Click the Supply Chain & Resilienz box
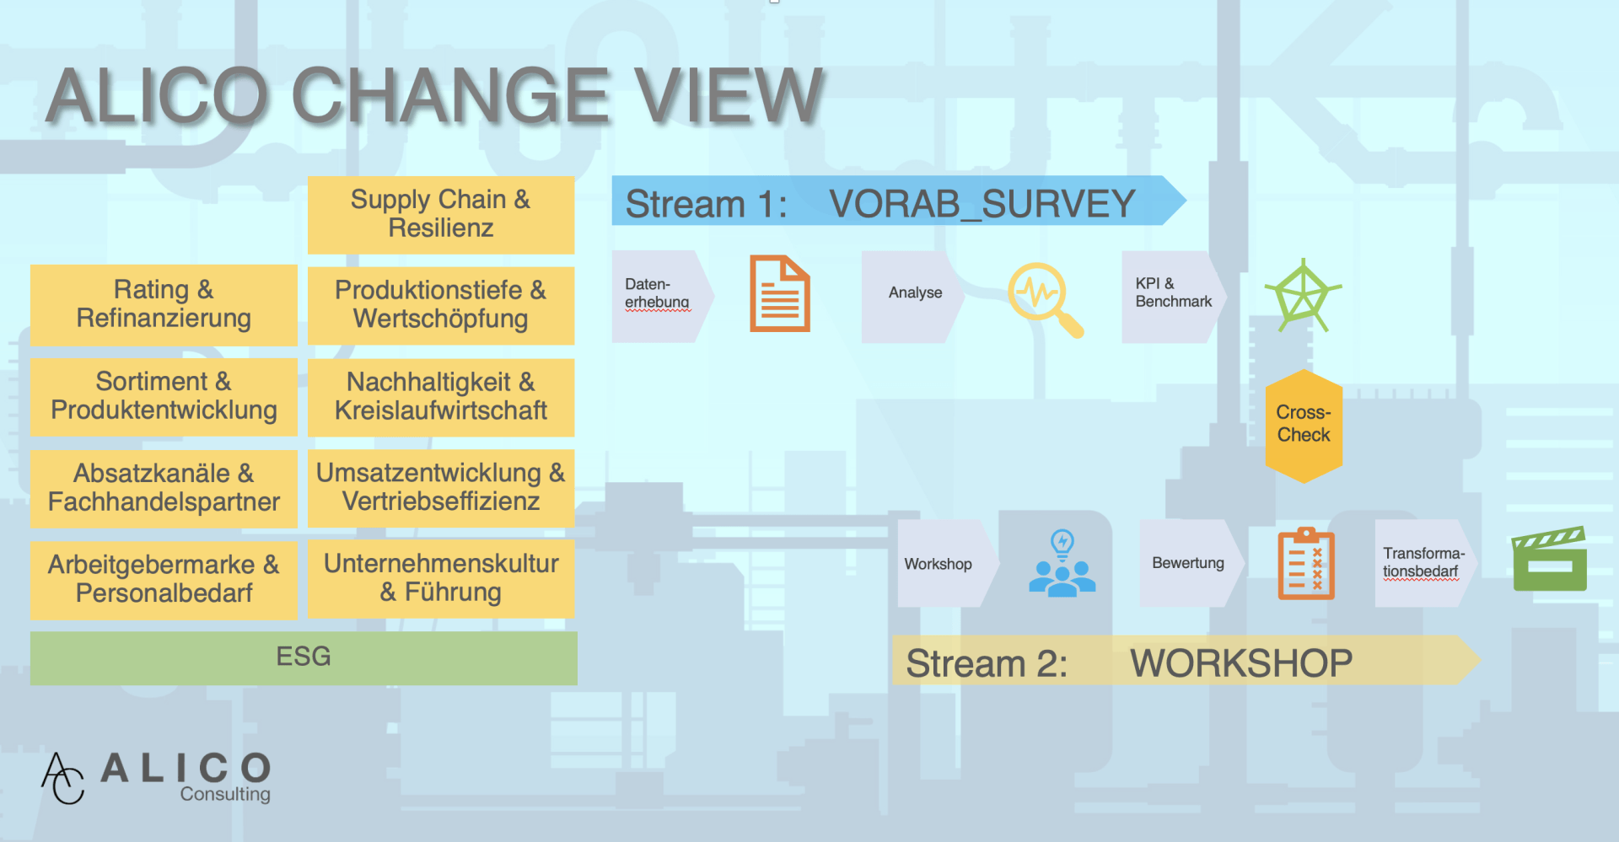[441, 215]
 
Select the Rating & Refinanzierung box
[164, 305]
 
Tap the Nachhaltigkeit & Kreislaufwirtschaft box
[441, 397]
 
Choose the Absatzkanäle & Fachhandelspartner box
[164, 489]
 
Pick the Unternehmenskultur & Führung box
[441, 579]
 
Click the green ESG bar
[304, 657]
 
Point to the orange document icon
[780, 293]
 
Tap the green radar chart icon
[1303, 296]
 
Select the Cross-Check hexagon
[1304, 426]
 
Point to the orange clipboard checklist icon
[1306, 563]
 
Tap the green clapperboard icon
[1550, 559]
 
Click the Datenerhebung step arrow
[663, 296]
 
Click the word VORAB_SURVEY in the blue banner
[982, 204]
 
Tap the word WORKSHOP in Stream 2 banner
[1241, 663]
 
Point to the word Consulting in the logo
[225, 794]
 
